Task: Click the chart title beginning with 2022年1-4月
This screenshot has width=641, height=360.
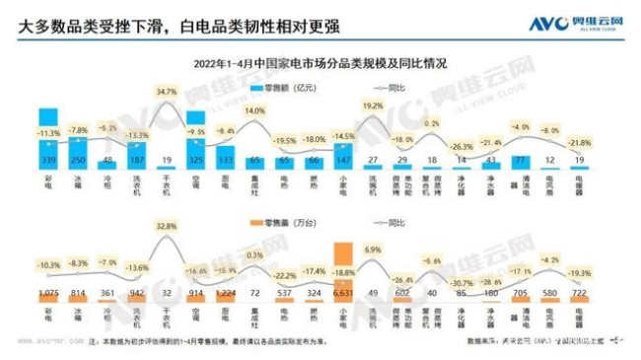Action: (x=320, y=62)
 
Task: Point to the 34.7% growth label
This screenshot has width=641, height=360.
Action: (x=167, y=92)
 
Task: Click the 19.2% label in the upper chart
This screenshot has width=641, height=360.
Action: (x=373, y=105)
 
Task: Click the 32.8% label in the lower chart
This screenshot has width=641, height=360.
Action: (x=167, y=226)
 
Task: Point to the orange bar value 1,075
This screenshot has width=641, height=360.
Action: (x=47, y=292)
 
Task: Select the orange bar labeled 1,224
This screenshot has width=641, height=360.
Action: (x=225, y=292)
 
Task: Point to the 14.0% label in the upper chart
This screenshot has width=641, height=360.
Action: (x=254, y=112)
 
